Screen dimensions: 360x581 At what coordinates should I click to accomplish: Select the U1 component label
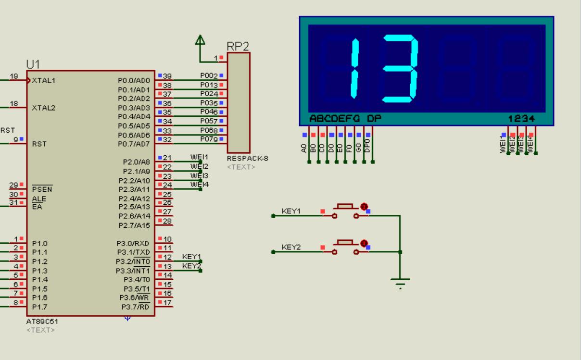pyautogui.click(x=33, y=64)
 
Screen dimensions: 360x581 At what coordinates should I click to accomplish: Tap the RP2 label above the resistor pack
pyautogui.click(x=238, y=47)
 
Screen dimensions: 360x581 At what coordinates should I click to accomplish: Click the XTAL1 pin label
pyautogui.click(x=43, y=81)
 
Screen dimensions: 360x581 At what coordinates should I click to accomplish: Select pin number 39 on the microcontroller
pyautogui.click(x=167, y=76)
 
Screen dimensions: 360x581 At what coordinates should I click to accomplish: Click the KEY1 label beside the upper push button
pyautogui.click(x=291, y=211)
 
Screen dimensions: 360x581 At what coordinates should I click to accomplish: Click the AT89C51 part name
pyautogui.click(x=43, y=321)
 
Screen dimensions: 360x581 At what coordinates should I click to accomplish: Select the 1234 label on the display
pyautogui.click(x=521, y=118)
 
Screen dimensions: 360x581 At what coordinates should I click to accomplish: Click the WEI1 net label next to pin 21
pyautogui.click(x=199, y=157)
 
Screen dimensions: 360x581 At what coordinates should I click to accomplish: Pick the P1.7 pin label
pyautogui.click(x=39, y=307)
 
